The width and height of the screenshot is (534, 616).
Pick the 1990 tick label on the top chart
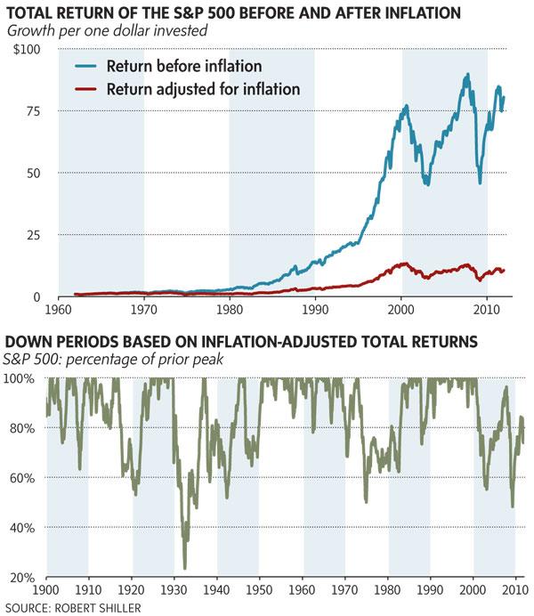[315, 312]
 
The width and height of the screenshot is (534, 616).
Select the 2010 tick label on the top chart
[487, 312]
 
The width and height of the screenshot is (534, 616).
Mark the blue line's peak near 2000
[406, 105]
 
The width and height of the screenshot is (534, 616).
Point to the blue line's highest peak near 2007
[467, 75]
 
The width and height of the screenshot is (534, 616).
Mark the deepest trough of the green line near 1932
[185, 568]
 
